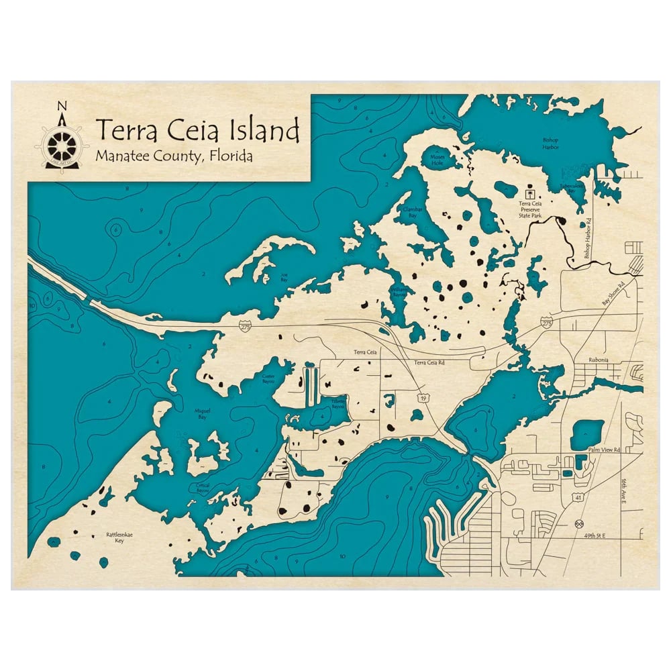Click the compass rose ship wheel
pyautogui.click(x=62, y=142)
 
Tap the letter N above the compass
pyautogui.click(x=62, y=106)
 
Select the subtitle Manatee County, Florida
pyautogui.click(x=174, y=157)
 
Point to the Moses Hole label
pyautogui.click(x=437, y=158)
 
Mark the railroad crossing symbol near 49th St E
pyautogui.click(x=580, y=524)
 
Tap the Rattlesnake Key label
pyautogui.click(x=114, y=537)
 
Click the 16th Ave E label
pyautogui.click(x=623, y=494)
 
